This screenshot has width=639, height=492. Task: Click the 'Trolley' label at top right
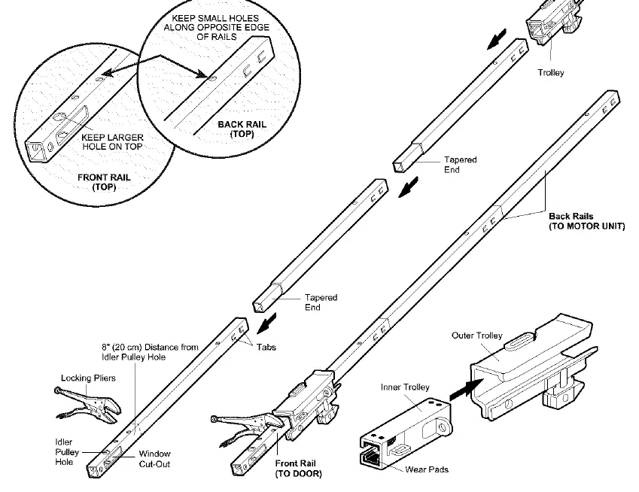(551, 72)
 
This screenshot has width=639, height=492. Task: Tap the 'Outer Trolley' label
(477, 336)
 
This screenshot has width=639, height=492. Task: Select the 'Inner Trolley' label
(405, 387)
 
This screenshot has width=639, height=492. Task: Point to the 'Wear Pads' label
(427, 469)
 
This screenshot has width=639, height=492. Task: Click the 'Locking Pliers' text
(88, 378)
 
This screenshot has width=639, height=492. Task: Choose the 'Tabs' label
(266, 347)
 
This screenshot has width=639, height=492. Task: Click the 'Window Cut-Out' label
(154, 459)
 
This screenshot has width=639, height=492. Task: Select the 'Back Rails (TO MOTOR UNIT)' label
(586, 221)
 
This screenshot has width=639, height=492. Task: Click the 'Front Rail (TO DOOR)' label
(298, 469)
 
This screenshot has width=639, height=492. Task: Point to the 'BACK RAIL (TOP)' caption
(242, 129)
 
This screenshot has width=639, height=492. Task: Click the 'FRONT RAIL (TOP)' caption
(104, 182)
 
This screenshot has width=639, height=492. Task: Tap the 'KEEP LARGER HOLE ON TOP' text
(112, 141)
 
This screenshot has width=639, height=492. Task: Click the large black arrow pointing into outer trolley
(466, 389)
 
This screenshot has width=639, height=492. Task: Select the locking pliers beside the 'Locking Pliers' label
(87, 404)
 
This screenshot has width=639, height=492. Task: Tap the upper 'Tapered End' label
(460, 165)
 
